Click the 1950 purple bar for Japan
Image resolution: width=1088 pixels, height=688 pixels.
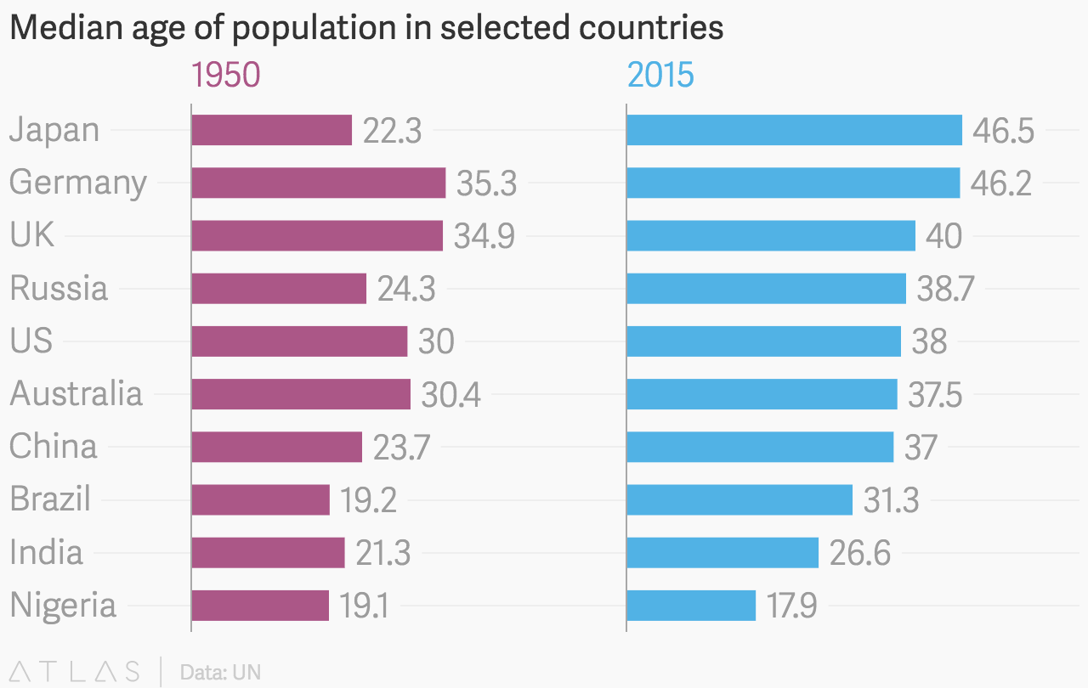point(271,130)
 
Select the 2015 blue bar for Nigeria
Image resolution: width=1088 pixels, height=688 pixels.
point(690,606)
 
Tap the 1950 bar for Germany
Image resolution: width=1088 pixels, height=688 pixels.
point(318,183)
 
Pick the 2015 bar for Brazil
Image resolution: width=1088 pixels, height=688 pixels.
point(739,499)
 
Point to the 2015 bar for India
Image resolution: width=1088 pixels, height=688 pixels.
point(722,552)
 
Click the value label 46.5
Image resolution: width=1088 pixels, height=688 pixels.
point(1003,131)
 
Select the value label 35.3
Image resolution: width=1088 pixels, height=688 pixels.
point(486,183)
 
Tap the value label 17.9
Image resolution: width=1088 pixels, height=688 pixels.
point(791,606)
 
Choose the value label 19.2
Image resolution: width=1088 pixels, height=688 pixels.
point(368,500)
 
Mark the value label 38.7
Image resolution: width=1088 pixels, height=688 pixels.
point(945,290)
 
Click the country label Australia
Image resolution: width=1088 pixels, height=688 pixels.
point(76,394)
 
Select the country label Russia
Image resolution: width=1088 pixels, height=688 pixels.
point(59,289)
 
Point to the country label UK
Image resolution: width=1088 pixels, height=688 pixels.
point(32,235)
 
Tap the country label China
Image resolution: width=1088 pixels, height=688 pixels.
point(54,447)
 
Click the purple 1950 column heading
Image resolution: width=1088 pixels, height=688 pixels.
point(225,76)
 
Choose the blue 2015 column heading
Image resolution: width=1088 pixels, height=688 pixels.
point(660,76)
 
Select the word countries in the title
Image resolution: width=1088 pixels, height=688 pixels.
point(649,28)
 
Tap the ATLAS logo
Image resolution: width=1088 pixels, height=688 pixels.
point(74,672)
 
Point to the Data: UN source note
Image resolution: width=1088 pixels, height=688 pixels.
point(220,673)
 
